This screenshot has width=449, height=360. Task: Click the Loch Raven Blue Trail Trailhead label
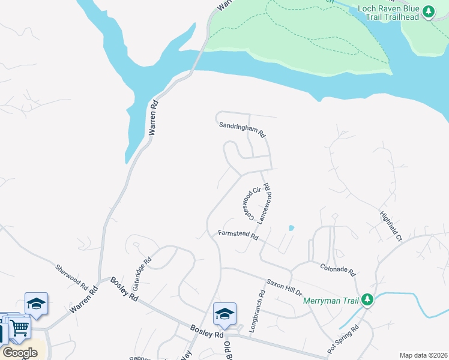pyautogui.click(x=388, y=13)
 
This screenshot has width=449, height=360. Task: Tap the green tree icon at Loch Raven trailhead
pyautogui.click(x=428, y=11)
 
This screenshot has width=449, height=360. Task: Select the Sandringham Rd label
pyautogui.click(x=241, y=128)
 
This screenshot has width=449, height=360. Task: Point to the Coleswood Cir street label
pyautogui.click(x=249, y=203)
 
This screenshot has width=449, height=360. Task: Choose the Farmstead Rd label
pyautogui.click(x=238, y=236)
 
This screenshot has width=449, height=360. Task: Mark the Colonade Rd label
pyautogui.click(x=337, y=269)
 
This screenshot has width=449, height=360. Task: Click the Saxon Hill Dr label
pyautogui.click(x=284, y=286)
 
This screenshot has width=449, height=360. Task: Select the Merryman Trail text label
pyautogui.click(x=330, y=300)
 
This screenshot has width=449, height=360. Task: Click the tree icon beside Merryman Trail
pyautogui.click(x=367, y=299)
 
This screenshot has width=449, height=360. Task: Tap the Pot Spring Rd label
pyautogui.click(x=343, y=339)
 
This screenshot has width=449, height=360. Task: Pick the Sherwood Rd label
pyautogui.click(x=71, y=275)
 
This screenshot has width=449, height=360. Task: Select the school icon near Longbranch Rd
pyautogui.click(x=224, y=313)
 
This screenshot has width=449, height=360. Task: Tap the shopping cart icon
pyautogui.click(x=20, y=327)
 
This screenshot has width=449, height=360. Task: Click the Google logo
pyautogui.click(x=20, y=353)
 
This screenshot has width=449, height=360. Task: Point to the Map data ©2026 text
pyautogui.click(x=423, y=355)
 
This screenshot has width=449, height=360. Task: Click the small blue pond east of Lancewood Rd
pyautogui.click(x=291, y=228)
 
